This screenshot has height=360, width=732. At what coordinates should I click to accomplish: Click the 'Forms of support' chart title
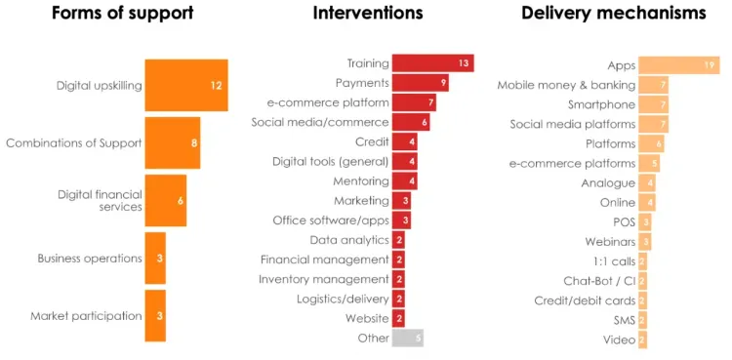[x=122, y=14]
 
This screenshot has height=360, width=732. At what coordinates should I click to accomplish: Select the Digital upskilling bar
[x=185, y=85]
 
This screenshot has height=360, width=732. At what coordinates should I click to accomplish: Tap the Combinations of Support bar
[x=172, y=142]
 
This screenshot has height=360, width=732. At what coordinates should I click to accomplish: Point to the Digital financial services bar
[x=165, y=200]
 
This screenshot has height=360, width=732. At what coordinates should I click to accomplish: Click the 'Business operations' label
[x=90, y=259]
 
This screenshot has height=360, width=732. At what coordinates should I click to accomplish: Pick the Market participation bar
[x=154, y=315]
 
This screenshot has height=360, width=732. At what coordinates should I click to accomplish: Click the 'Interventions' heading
[x=368, y=14]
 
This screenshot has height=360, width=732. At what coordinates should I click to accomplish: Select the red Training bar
[x=432, y=63]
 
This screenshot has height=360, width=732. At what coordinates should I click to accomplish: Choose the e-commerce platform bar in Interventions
[x=414, y=102]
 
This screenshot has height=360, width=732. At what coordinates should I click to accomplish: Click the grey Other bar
[x=407, y=339]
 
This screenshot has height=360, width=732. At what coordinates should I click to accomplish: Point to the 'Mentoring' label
[x=360, y=180]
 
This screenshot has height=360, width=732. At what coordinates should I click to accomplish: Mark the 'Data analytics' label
[x=349, y=240]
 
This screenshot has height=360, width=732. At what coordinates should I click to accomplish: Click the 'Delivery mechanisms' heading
[x=613, y=14]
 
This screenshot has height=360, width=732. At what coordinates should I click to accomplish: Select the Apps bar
[x=679, y=65]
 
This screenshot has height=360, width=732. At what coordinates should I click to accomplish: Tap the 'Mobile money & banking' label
[x=566, y=85]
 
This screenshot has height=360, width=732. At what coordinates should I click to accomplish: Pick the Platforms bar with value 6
[x=651, y=143]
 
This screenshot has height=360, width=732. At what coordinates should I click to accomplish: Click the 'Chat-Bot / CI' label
[x=599, y=281]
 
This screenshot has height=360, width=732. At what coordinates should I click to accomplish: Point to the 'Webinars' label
[x=610, y=241]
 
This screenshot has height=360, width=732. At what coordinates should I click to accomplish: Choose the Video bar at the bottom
[x=642, y=340]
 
